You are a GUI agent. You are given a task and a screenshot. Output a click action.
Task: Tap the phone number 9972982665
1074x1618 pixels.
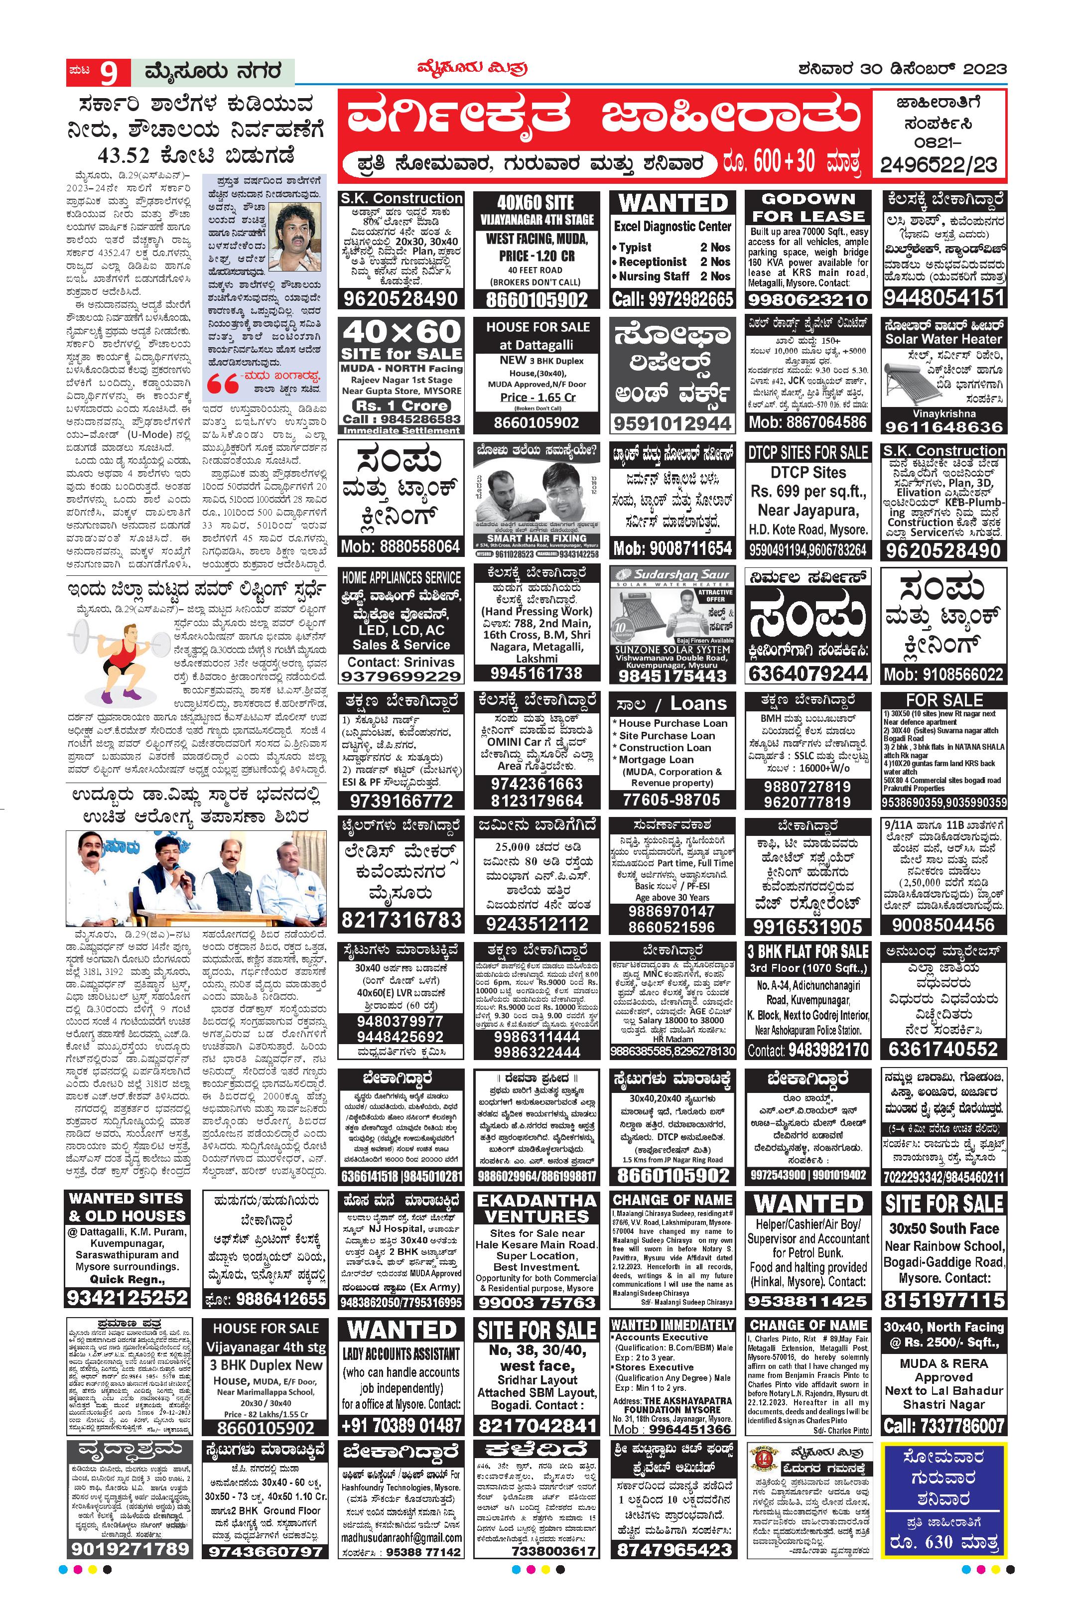[672, 299]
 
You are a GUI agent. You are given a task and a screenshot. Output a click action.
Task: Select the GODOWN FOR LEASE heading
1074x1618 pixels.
[808, 208]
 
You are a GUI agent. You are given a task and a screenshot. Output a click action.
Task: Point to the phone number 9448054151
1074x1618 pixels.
[944, 297]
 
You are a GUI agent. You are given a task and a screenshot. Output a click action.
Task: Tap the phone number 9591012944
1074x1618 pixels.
[672, 423]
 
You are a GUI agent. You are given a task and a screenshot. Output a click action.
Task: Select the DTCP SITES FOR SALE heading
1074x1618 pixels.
[808, 452]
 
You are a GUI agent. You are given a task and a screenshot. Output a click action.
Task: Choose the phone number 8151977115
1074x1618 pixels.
[944, 1300]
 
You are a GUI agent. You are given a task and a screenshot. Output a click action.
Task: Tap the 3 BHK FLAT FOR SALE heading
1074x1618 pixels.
[808, 951]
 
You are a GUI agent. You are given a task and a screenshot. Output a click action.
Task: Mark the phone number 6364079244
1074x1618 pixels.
[808, 674]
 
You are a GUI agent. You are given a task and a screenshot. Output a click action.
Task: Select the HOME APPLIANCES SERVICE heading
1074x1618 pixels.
[402, 577]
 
